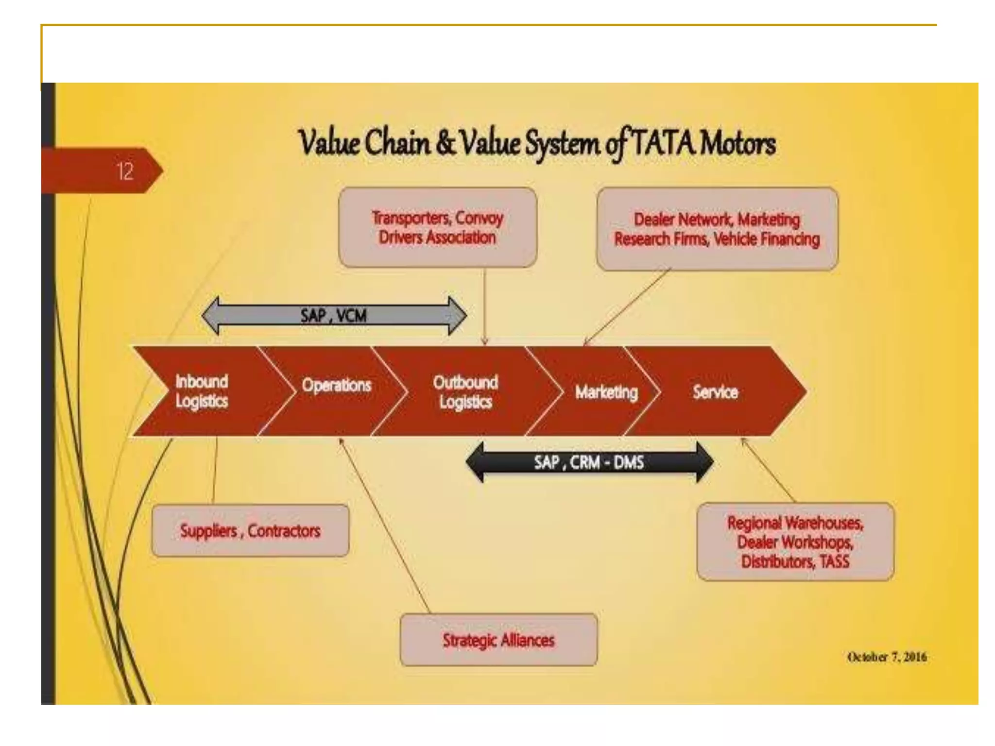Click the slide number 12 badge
coord(124,171)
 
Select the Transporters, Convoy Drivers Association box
coord(437,227)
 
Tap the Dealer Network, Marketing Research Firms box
coord(717,229)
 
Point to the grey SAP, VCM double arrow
coord(334,316)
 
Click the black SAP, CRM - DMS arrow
coord(589,462)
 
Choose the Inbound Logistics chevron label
coord(202,391)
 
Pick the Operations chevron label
coord(336,386)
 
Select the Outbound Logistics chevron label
coord(465,392)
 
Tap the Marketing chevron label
coord(606,392)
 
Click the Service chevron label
coord(715,392)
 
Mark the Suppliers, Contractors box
coord(250,530)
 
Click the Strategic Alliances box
coord(498,640)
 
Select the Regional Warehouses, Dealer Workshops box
coord(795,542)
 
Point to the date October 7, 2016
coord(887,657)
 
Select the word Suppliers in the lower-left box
coord(208,531)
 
